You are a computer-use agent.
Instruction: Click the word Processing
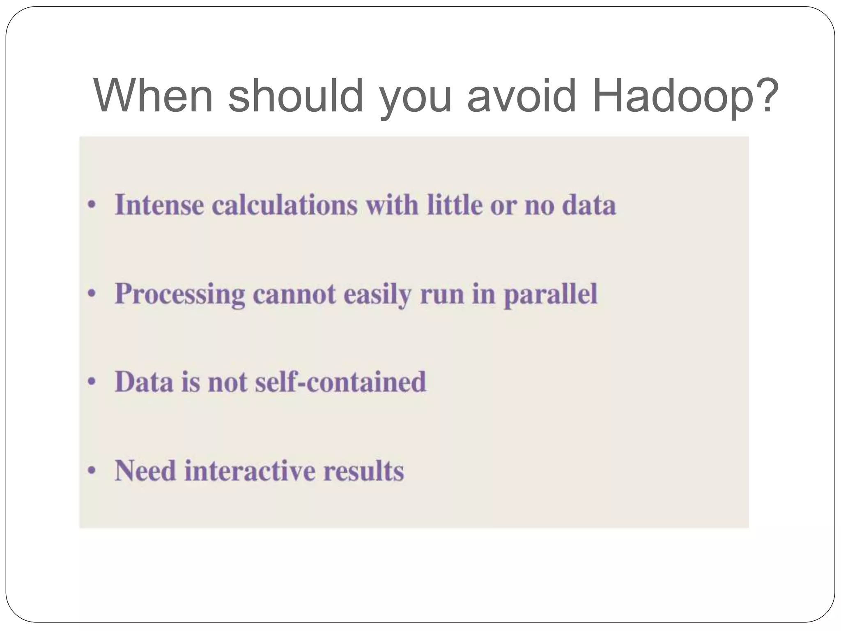click(x=180, y=295)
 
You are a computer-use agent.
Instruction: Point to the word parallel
click(x=550, y=295)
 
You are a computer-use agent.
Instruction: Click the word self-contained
click(x=340, y=382)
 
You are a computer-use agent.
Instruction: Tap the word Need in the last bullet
click(x=145, y=470)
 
